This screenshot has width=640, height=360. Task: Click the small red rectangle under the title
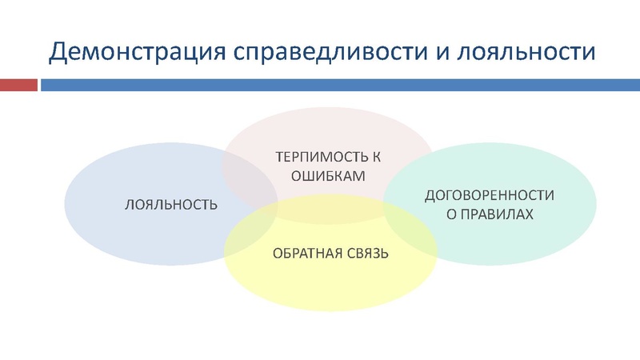18,85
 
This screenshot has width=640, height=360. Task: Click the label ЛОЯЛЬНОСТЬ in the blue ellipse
170,205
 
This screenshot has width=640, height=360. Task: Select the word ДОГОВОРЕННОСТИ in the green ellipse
489,195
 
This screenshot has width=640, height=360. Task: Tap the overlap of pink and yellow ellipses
330,212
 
